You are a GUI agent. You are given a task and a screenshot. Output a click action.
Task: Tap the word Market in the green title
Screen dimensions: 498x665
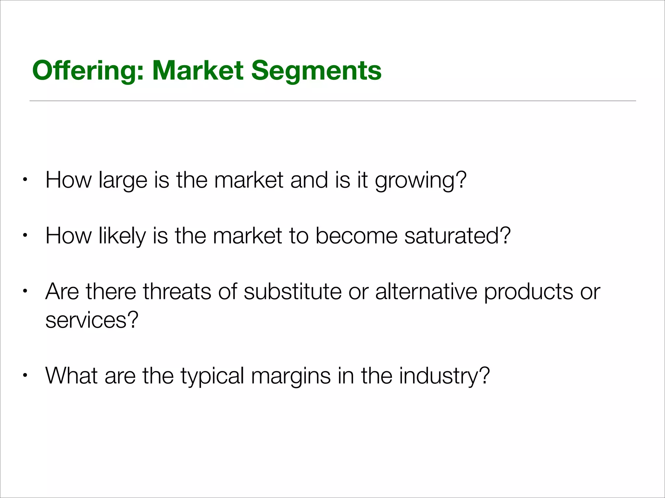click(198, 71)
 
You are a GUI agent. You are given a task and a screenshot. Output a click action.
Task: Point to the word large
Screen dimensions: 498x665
click(123, 180)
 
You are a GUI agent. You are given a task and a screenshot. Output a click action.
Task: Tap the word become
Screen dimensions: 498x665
click(356, 236)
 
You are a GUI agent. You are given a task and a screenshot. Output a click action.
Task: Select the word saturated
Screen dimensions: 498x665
click(458, 236)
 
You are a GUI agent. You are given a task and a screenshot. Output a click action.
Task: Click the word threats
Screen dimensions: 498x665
click(177, 291)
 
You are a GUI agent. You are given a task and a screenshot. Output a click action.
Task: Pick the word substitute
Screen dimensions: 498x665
click(293, 291)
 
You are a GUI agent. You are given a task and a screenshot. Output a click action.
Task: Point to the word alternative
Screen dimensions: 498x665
click(426, 291)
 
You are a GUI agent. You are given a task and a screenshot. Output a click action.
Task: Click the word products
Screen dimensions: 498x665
click(529, 291)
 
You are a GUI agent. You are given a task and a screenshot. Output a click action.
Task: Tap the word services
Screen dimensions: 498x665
click(92, 320)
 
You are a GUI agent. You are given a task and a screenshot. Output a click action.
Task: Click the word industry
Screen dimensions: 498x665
click(444, 376)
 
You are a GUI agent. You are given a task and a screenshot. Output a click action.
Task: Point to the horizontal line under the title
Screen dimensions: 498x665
click(332, 101)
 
